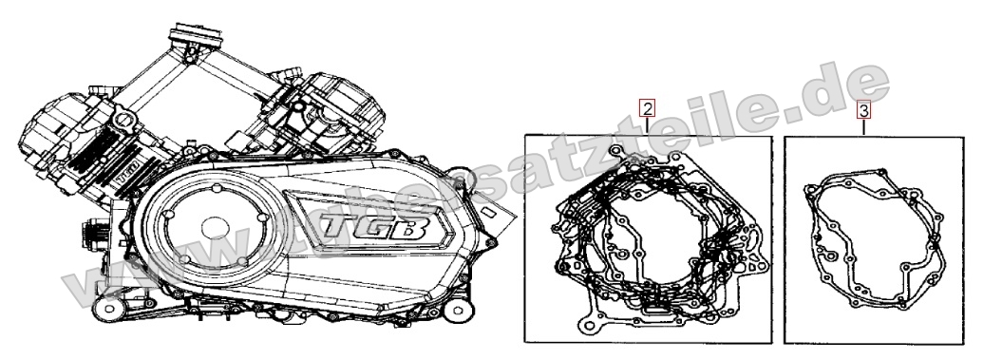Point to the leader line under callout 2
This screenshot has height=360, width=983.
coord(647,123)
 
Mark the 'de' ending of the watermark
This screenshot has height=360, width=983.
coord(854,90)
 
